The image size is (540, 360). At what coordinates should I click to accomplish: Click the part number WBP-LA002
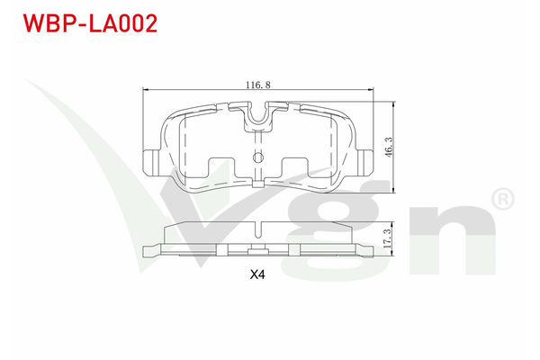[x=82, y=22]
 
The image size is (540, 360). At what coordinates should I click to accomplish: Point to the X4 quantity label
[x=258, y=276]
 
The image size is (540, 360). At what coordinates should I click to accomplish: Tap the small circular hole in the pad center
[x=258, y=159]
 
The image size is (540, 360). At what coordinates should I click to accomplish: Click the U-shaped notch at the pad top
[x=258, y=113]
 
